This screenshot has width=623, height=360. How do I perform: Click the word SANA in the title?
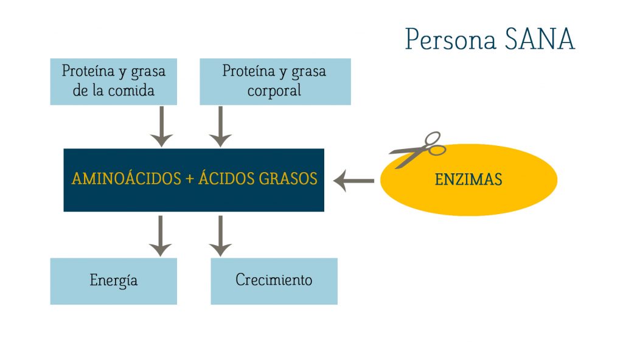(x=540, y=39)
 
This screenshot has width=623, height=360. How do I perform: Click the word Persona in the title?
(x=451, y=39)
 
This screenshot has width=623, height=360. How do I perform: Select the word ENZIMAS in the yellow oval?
(x=468, y=179)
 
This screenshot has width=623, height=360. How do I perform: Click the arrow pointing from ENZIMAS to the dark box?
(x=353, y=181)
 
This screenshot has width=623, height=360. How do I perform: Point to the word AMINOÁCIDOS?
(x=127, y=178)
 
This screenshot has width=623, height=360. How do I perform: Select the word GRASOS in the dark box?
(x=288, y=179)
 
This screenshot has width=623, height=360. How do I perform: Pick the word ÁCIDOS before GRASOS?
(x=226, y=178)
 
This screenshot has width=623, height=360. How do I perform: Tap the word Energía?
(x=114, y=280)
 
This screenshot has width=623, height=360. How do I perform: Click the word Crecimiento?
(x=274, y=280)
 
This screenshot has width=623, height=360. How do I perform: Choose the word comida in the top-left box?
(x=131, y=91)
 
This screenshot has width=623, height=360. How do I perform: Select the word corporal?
(x=274, y=91)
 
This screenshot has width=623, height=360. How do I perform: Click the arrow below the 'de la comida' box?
(x=161, y=126)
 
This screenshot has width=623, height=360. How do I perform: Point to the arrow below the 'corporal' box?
(x=220, y=126)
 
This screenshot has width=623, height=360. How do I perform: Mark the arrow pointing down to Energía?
(x=160, y=236)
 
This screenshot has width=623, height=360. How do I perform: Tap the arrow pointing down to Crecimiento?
(x=220, y=236)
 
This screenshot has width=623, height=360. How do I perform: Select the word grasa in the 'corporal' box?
(x=308, y=72)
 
